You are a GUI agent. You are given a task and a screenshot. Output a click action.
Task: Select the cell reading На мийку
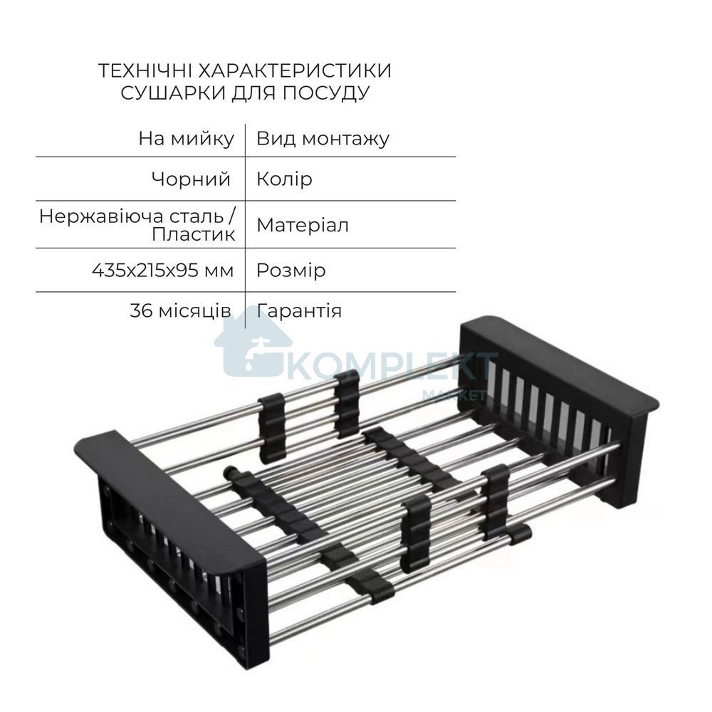[x=186, y=139]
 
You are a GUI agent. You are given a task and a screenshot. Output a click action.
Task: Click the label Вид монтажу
[x=323, y=139]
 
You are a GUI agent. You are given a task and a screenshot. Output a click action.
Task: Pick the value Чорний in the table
[x=191, y=179]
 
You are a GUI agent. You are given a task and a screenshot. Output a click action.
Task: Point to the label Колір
[x=284, y=179]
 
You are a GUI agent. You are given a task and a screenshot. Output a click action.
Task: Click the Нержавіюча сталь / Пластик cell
[x=137, y=225]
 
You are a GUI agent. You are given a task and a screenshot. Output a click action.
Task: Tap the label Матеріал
[x=303, y=225]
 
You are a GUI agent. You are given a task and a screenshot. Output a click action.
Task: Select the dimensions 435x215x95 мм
[x=163, y=271]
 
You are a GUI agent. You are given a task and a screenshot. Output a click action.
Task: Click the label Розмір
[x=291, y=271]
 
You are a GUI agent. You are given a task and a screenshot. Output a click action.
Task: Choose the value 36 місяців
[x=180, y=311]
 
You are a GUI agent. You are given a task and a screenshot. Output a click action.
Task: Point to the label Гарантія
[x=299, y=311]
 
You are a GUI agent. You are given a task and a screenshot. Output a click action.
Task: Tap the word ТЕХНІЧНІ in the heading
[x=144, y=70]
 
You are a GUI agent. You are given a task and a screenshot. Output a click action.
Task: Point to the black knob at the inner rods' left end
[x=231, y=473]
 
